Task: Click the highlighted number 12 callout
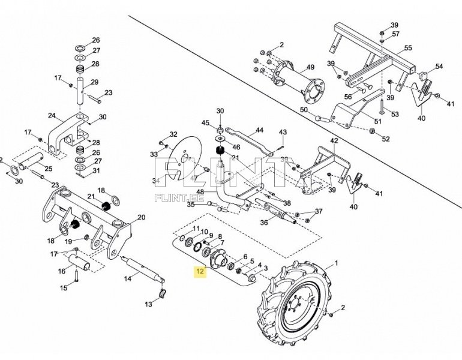tap(199, 272)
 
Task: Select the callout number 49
tap(311, 67)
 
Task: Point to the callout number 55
tap(408, 47)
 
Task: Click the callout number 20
tap(142, 217)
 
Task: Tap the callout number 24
tap(52, 116)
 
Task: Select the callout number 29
tap(94, 82)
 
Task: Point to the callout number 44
tap(259, 130)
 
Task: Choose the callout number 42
tap(334, 140)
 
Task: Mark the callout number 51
tap(377, 121)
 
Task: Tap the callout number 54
tap(439, 66)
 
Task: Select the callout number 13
tap(149, 305)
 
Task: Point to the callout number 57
tap(396, 34)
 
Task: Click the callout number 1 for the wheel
tap(337, 263)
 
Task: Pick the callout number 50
tap(303, 110)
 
